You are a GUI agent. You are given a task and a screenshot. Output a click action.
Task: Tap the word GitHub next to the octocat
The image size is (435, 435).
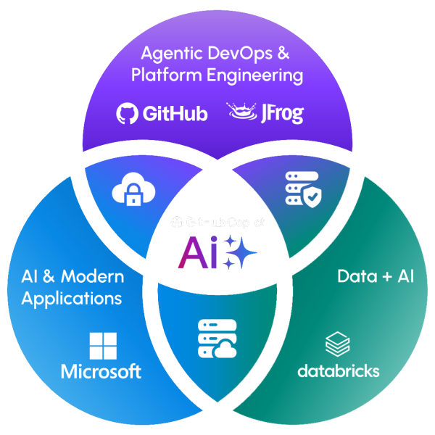coord(175,114)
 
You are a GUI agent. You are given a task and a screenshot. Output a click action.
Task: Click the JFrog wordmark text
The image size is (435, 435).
coord(283,115)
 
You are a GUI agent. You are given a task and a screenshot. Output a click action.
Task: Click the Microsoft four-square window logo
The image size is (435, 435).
coord(101,345)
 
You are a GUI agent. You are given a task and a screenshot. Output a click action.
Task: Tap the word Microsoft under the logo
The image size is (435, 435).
coord(101,372)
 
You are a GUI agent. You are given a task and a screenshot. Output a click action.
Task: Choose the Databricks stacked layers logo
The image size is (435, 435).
coord(338,343)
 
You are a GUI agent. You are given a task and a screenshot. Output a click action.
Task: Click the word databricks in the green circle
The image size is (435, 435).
coord(338,371)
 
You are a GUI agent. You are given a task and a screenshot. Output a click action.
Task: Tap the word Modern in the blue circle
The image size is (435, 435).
coord(93,276)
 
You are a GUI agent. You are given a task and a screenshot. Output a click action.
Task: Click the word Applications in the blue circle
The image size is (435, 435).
coord(71,298)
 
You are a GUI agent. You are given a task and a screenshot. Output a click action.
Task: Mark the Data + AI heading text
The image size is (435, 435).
coord(376,276)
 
